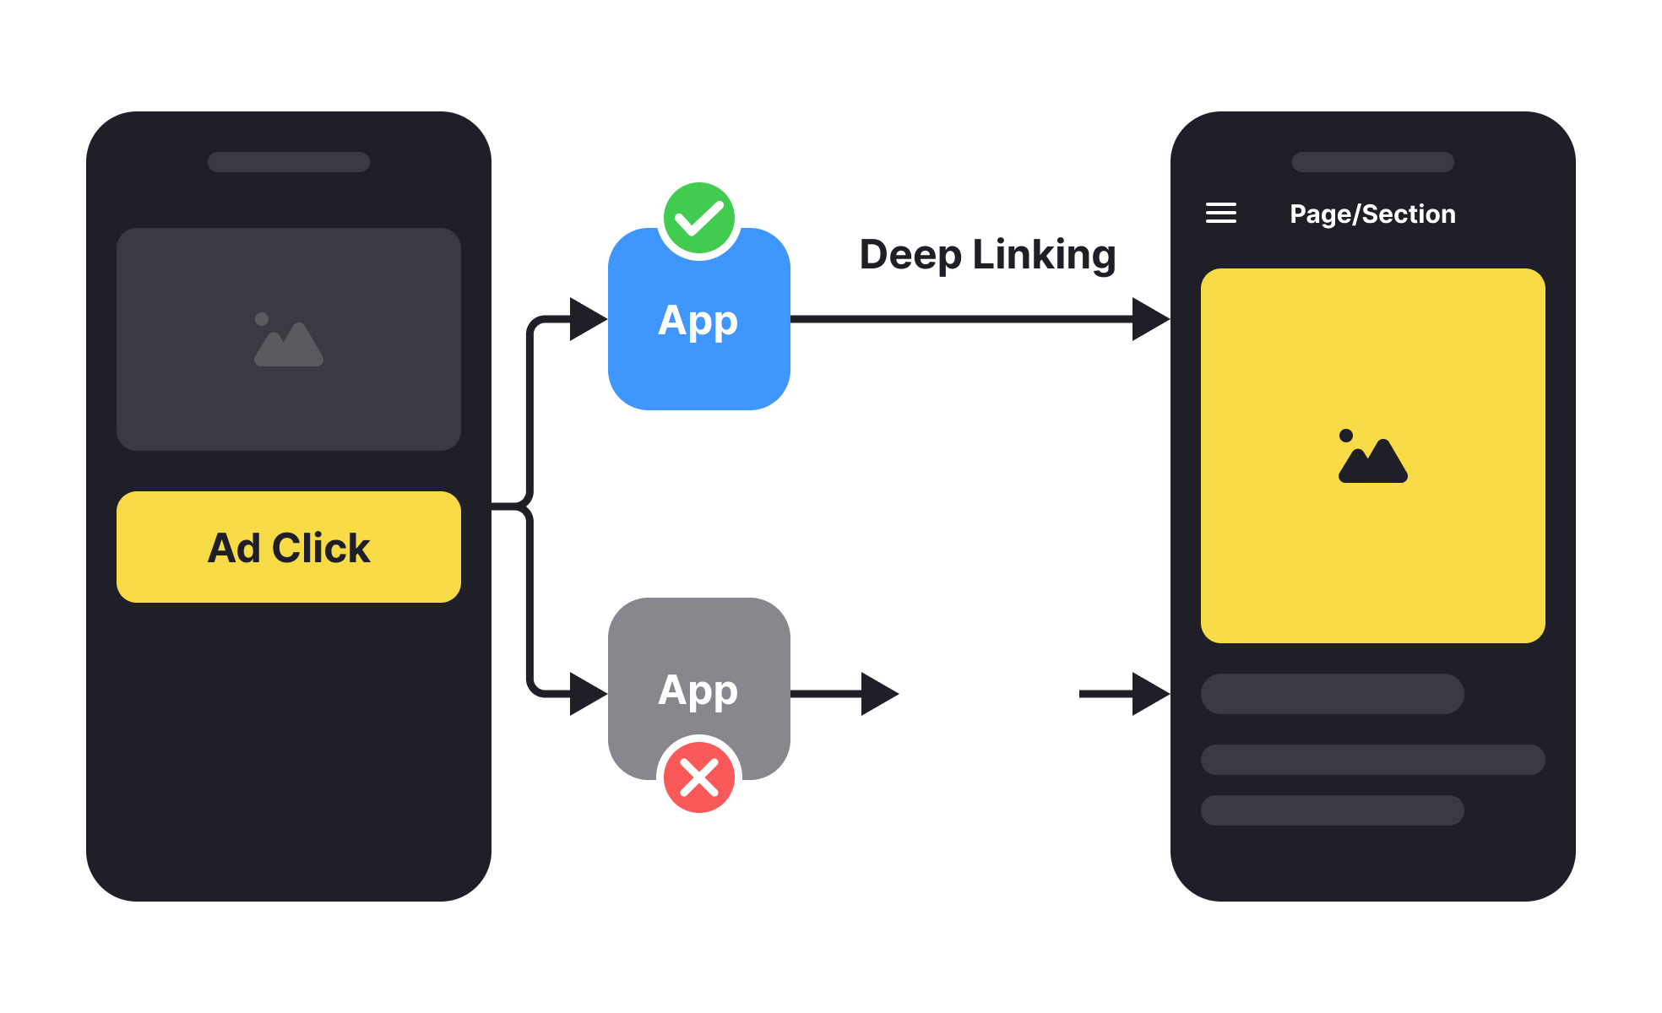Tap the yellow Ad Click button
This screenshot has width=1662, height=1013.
point(289,547)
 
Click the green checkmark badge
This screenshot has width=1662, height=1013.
point(699,219)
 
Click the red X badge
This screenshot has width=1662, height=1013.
point(699,777)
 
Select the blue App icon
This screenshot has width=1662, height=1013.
point(699,338)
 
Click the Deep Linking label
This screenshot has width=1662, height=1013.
point(987,255)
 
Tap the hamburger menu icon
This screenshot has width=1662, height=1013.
point(1220,213)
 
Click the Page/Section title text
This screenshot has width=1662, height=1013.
point(1372,214)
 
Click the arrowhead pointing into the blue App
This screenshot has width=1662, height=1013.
point(588,319)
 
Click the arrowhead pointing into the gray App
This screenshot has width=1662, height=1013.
point(588,694)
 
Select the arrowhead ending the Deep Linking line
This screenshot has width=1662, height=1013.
point(1150,319)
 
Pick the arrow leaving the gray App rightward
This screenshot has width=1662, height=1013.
point(845,694)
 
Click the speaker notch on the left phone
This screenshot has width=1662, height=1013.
point(289,162)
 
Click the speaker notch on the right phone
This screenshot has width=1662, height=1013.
point(1372,162)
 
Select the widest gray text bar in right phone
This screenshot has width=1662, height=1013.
point(1372,760)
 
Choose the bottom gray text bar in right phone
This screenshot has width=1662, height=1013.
point(1332,810)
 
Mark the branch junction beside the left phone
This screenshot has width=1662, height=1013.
point(529,506)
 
